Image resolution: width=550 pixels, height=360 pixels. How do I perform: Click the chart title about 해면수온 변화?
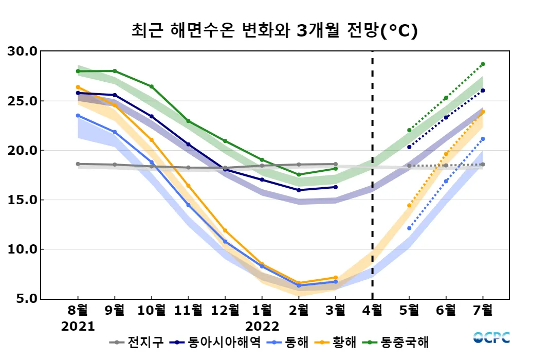coord(274,31)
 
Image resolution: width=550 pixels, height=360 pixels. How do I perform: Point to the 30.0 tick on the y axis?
coord(22,51)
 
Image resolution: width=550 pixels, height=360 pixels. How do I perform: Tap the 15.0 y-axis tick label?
coord(22,200)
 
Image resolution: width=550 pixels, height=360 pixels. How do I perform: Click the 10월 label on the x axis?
coord(151,310)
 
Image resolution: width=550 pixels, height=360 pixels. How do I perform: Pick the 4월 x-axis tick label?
coord(372,310)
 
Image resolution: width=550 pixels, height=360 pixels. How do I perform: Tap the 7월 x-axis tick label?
coord(483,310)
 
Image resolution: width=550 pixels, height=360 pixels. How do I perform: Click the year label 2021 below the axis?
coord(78,327)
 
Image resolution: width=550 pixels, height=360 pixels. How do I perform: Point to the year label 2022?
coord(262,327)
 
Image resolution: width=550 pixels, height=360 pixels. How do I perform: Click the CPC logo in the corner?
coord(491,338)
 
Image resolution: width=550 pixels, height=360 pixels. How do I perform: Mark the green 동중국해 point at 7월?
coord(483,64)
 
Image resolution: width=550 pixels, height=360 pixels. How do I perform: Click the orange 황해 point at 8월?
coord(78,87)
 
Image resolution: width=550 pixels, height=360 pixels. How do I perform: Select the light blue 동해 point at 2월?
coord(299,285)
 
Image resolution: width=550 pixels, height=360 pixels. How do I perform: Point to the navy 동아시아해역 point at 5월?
coord(409,147)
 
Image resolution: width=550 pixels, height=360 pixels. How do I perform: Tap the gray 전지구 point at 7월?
coord(483,165)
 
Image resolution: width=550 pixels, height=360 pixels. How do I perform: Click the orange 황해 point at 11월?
coord(188,186)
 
